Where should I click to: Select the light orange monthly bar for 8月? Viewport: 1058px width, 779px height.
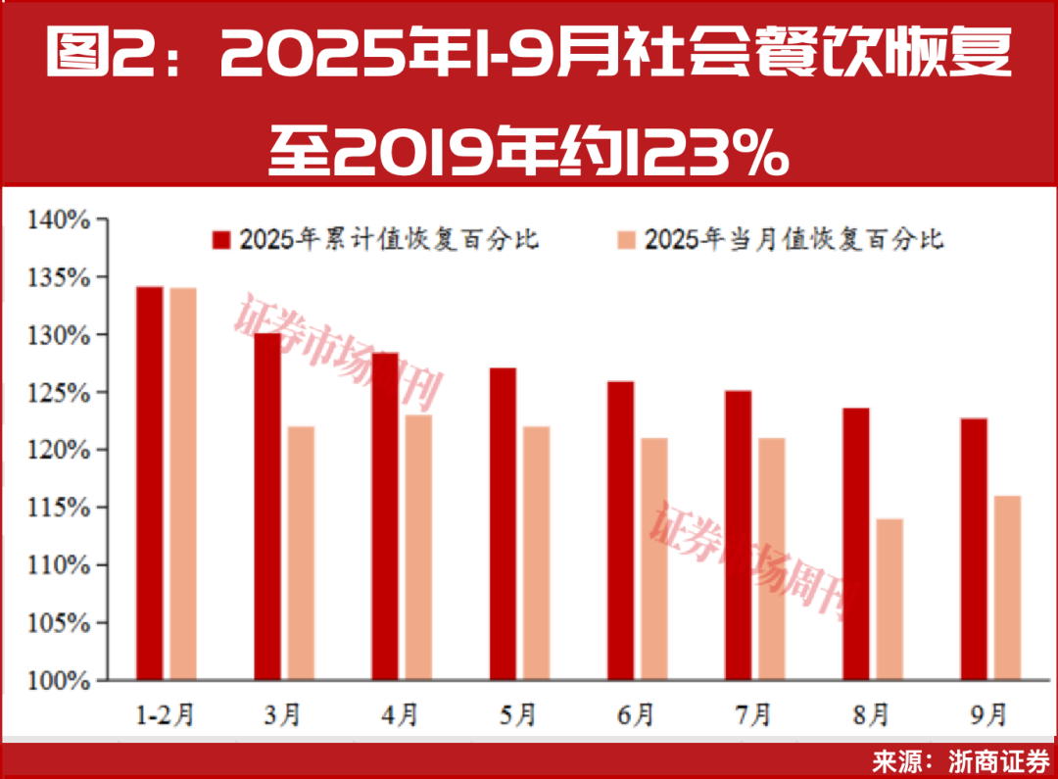(x=890, y=599)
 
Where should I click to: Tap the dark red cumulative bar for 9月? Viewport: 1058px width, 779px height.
(x=974, y=549)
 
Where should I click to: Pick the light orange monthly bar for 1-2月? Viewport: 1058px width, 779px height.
(x=183, y=484)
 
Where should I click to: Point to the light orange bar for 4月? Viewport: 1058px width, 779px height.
(x=418, y=547)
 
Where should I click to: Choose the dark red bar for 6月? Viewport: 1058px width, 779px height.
(x=620, y=530)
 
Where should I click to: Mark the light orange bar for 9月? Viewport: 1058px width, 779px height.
(x=1007, y=588)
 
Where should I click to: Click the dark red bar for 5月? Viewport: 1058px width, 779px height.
(x=503, y=524)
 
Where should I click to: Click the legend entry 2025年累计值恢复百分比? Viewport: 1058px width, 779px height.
(x=377, y=238)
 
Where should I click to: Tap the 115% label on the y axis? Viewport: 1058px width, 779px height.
(x=62, y=508)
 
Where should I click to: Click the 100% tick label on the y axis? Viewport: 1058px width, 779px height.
(x=62, y=680)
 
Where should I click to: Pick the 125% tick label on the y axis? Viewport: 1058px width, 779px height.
(x=62, y=393)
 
